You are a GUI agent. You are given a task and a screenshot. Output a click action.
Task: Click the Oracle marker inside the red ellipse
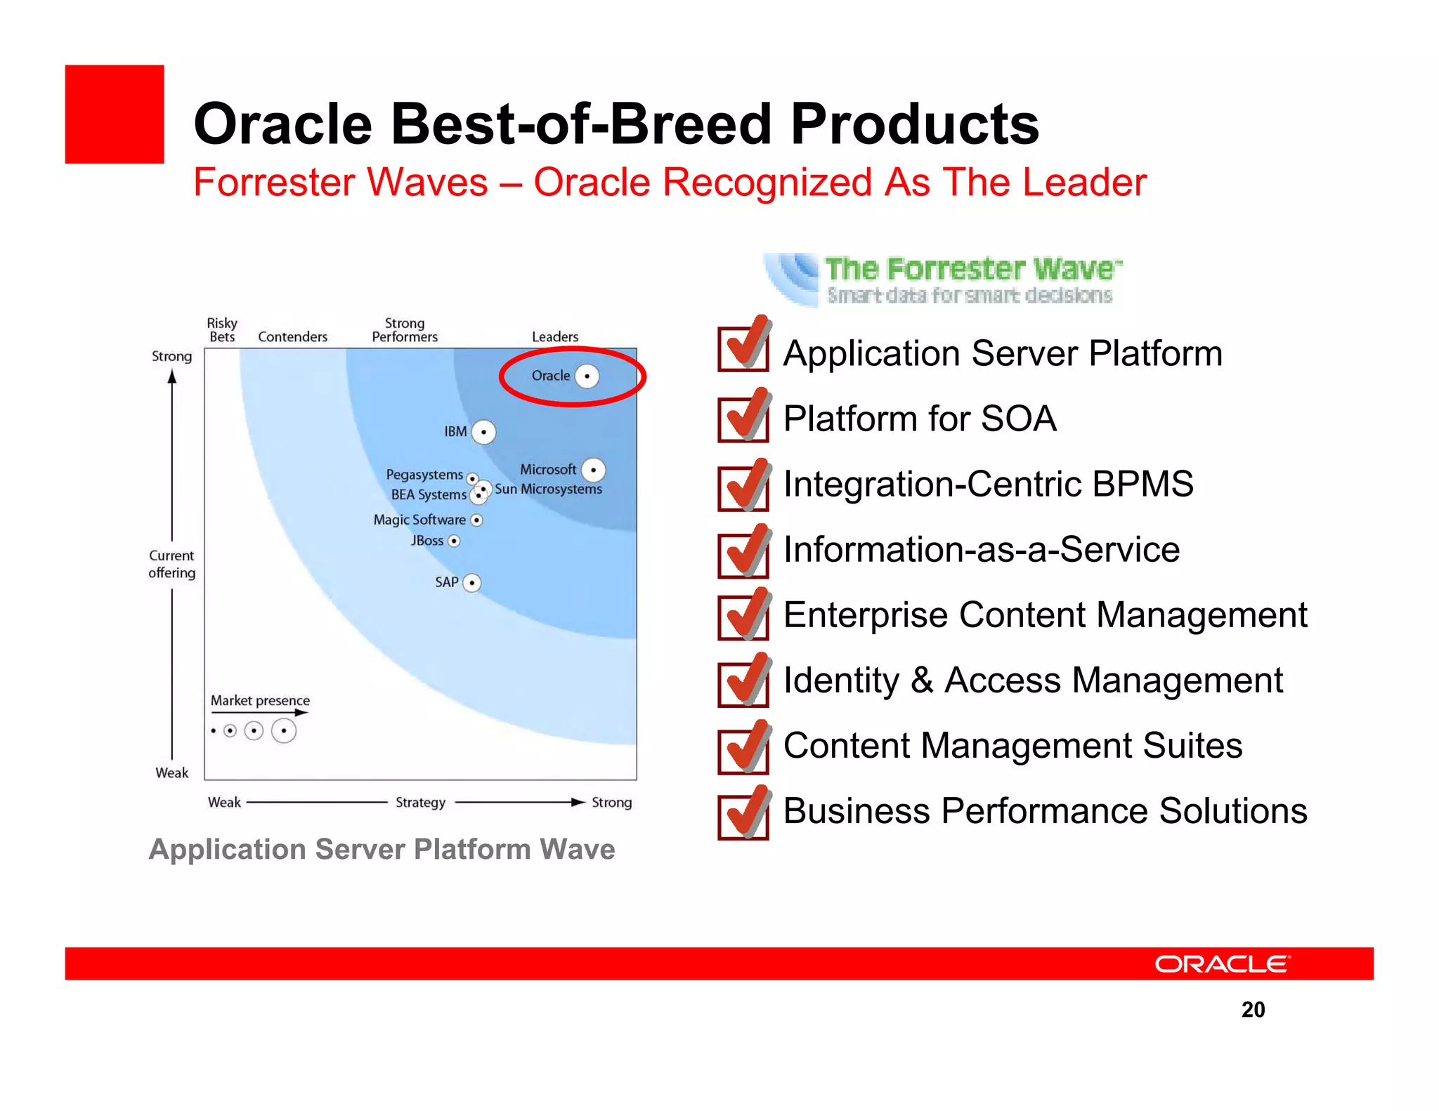tap(587, 376)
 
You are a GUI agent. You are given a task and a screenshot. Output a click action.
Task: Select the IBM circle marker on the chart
tap(483, 432)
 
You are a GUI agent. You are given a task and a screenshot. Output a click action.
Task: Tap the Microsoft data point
tap(594, 470)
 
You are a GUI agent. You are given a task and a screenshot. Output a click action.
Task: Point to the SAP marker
tap(472, 583)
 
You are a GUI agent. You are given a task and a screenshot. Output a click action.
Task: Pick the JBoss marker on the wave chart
tap(454, 541)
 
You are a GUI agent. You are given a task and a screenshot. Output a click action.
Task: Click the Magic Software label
tap(419, 520)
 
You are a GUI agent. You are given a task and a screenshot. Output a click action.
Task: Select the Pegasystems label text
tap(424, 475)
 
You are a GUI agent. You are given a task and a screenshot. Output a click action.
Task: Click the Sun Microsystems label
tap(548, 489)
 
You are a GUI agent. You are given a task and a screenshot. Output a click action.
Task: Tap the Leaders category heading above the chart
tap(555, 337)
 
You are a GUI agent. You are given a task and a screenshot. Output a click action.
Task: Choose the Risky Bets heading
tap(222, 329)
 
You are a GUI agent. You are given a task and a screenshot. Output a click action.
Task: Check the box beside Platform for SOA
tap(743, 419)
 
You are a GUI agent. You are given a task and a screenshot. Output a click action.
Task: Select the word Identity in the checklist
tap(840, 681)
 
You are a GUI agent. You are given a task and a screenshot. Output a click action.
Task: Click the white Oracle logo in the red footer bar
tap(1222, 964)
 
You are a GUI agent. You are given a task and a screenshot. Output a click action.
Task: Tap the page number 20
tap(1253, 1009)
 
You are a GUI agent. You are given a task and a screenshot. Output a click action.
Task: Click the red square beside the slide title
tap(115, 114)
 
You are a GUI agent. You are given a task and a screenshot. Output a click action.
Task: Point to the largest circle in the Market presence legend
tap(284, 731)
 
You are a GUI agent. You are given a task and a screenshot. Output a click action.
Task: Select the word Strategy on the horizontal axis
tap(420, 802)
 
